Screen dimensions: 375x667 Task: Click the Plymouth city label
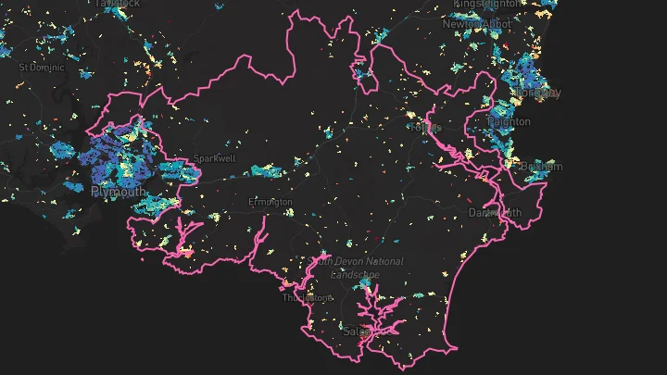(x=118, y=192)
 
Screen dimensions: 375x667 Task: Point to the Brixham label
(x=541, y=167)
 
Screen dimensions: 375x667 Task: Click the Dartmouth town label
(x=495, y=212)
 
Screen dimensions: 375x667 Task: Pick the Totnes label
(x=424, y=126)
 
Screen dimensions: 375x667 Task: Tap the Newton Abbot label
(x=475, y=24)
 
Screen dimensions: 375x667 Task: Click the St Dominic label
(x=42, y=68)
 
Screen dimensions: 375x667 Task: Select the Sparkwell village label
(x=214, y=158)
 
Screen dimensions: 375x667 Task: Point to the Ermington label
(x=271, y=202)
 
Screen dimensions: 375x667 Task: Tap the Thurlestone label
(x=308, y=298)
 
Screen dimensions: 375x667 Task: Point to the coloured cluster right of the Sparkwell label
(x=266, y=170)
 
